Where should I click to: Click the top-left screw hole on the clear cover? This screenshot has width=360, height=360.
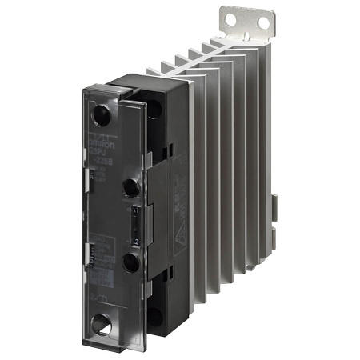point(102,114)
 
